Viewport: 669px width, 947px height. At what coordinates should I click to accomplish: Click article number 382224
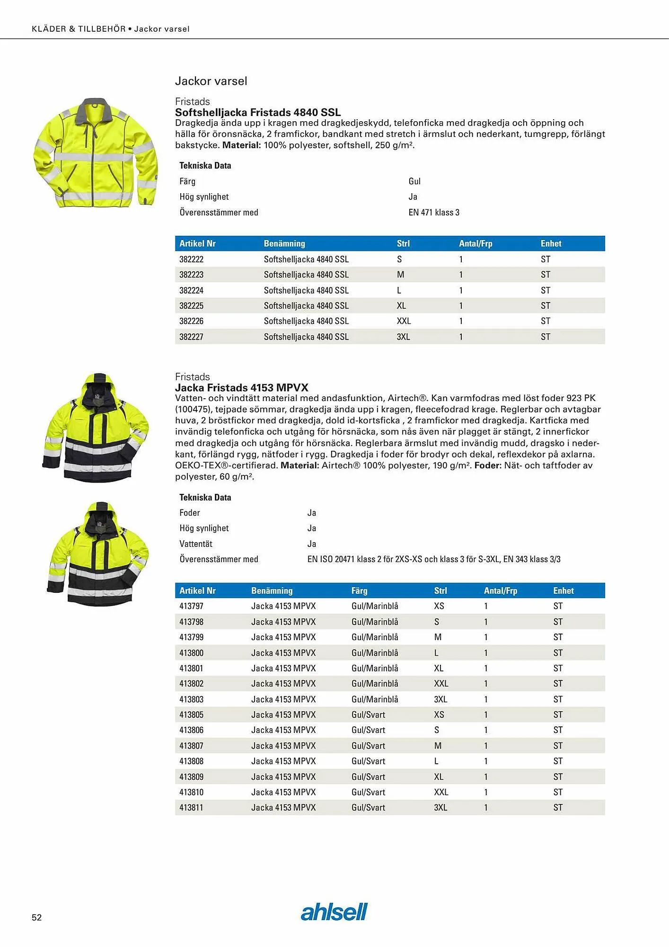coord(191,290)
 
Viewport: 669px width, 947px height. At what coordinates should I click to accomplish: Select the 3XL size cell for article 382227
coord(403,337)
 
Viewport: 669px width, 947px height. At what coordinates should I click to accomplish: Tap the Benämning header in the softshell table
coord(284,243)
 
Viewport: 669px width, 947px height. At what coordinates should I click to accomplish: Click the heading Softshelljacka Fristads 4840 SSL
coord(257,112)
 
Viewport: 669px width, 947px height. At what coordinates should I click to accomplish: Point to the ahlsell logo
coord(334,911)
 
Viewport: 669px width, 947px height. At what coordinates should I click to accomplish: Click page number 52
coord(36,917)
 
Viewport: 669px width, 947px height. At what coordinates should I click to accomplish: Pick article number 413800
coord(191,652)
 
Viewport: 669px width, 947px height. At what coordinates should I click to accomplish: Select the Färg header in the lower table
coord(359,590)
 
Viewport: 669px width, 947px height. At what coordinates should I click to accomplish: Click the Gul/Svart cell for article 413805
coord(368,715)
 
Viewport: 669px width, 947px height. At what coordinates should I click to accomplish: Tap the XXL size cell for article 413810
coord(441,792)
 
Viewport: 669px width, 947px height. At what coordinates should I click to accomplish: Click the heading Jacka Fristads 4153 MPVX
coord(241,387)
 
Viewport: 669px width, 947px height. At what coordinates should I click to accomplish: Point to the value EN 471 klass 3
coord(434,212)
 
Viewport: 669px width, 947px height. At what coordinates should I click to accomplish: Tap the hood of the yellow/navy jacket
coord(99,386)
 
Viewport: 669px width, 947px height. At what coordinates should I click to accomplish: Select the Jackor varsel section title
coord(211,81)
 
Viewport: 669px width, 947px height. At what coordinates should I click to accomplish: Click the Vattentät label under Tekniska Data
coord(195,544)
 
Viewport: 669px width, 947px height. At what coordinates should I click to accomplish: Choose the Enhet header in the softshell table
coord(551,243)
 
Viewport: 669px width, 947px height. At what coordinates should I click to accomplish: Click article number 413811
coord(191,807)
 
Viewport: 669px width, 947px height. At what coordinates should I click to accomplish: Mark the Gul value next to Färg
coord(414,181)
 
